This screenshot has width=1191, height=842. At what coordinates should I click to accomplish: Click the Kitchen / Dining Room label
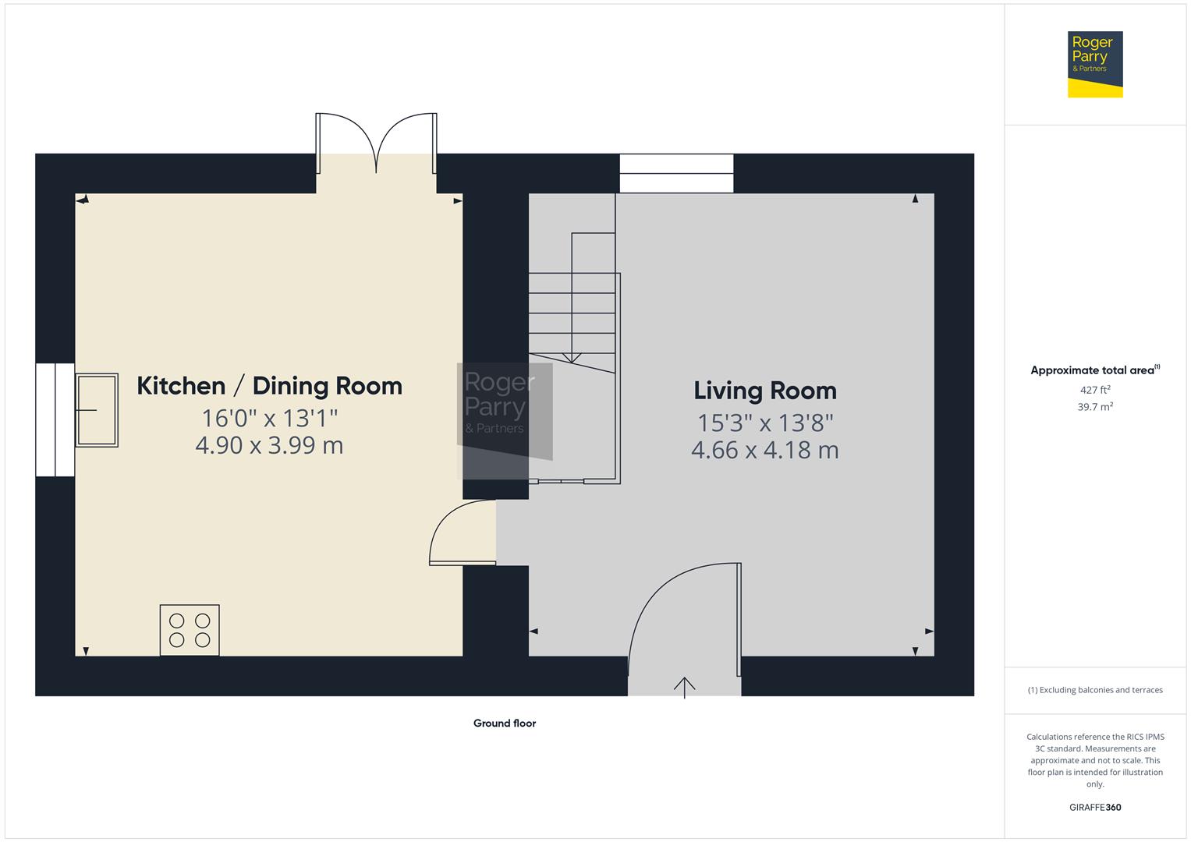click(270, 386)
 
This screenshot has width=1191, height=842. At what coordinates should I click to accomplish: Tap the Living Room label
click(765, 391)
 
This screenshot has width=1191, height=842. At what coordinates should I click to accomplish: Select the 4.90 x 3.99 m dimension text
click(270, 445)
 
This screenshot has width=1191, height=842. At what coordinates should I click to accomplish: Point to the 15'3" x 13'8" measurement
click(765, 423)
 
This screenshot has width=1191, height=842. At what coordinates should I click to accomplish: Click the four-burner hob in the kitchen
click(190, 630)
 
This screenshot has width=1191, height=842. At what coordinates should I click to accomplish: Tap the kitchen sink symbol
click(97, 410)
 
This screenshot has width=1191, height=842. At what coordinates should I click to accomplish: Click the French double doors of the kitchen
click(377, 143)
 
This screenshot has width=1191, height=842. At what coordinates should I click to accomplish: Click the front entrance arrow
click(684, 688)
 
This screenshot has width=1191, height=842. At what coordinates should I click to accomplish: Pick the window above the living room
click(676, 173)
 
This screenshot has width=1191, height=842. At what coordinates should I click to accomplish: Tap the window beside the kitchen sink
click(55, 420)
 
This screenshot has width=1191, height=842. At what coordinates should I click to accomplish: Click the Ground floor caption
click(505, 723)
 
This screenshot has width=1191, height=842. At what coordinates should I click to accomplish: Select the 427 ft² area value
click(1095, 390)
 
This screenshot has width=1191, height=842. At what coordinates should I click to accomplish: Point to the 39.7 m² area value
click(1095, 407)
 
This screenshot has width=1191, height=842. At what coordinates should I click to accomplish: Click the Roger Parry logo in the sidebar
click(1095, 64)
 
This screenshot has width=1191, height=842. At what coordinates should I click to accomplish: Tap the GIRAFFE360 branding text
click(1095, 807)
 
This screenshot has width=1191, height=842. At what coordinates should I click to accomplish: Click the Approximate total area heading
click(1095, 370)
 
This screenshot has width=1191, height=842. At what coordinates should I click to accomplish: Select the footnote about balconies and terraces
click(1095, 690)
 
